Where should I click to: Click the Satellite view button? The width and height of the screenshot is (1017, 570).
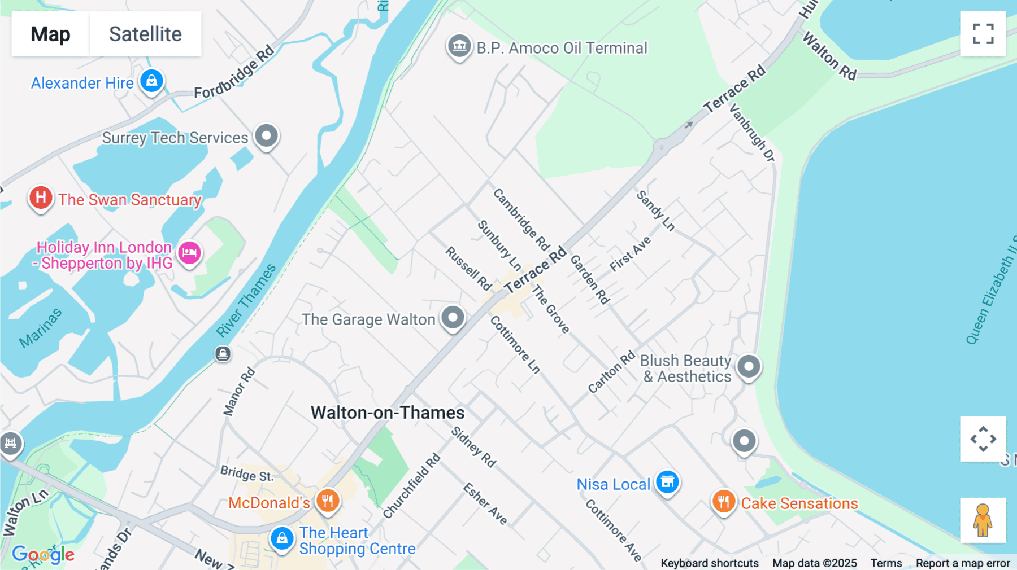145,34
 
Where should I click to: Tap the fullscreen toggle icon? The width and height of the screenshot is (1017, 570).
983,34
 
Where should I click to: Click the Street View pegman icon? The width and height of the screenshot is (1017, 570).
983,520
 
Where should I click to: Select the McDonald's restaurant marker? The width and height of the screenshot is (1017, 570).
328,501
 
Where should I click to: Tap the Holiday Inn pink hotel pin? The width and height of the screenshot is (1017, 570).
189,253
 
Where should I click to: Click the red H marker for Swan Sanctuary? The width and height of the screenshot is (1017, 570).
41,198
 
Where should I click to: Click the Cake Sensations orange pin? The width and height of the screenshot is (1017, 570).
724,501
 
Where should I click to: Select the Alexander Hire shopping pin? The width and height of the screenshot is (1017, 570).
152,81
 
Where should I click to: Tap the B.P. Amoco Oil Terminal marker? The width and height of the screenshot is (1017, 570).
459,46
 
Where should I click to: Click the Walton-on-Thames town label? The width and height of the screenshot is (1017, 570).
388,413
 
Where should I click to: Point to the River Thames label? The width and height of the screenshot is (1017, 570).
246,300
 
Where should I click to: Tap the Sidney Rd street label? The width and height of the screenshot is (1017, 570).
473,447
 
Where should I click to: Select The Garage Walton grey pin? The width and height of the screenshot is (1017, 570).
453,318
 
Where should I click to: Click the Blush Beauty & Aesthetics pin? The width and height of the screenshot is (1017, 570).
749,367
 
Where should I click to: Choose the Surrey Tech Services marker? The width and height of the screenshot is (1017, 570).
266,136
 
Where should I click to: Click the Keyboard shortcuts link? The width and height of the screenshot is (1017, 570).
710,563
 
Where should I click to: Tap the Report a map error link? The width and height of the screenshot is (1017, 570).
963,563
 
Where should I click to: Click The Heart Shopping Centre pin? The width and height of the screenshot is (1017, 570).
282,539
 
